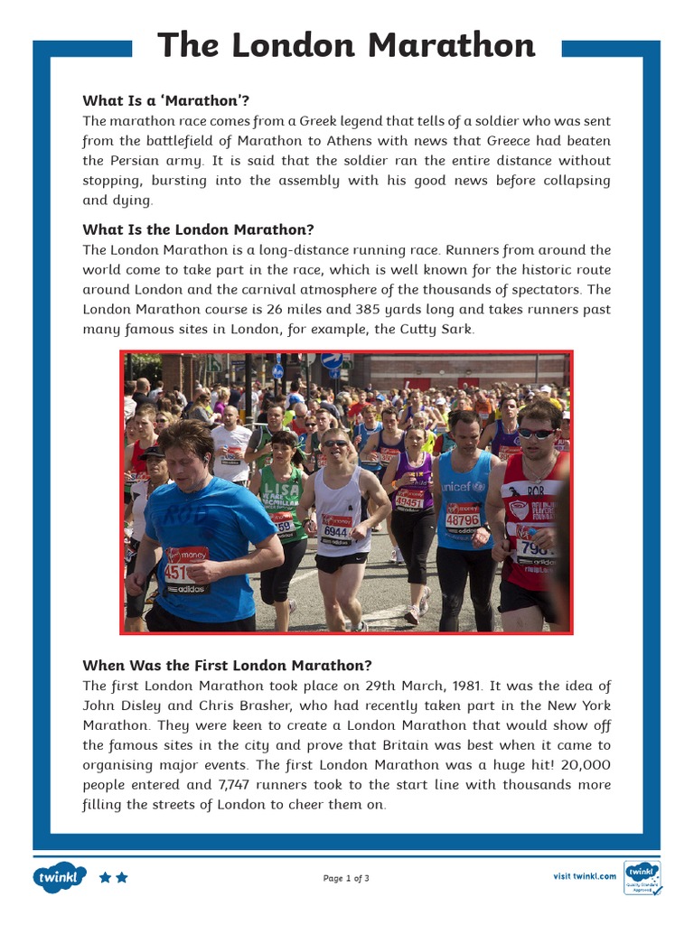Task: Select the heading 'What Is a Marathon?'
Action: pyautogui.click(x=165, y=100)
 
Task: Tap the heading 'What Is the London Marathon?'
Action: pyautogui.click(x=198, y=229)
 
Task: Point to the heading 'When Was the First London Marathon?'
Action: pyautogui.click(x=227, y=666)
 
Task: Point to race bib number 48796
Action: pyautogui.click(x=463, y=519)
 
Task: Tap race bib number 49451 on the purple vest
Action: pyautogui.click(x=409, y=502)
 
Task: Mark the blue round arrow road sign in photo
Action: pyautogui.click(x=332, y=360)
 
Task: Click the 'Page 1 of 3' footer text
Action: pyautogui.click(x=346, y=878)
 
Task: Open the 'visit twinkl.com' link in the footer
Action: pyautogui.click(x=585, y=875)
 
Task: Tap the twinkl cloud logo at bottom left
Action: pyautogui.click(x=60, y=877)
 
